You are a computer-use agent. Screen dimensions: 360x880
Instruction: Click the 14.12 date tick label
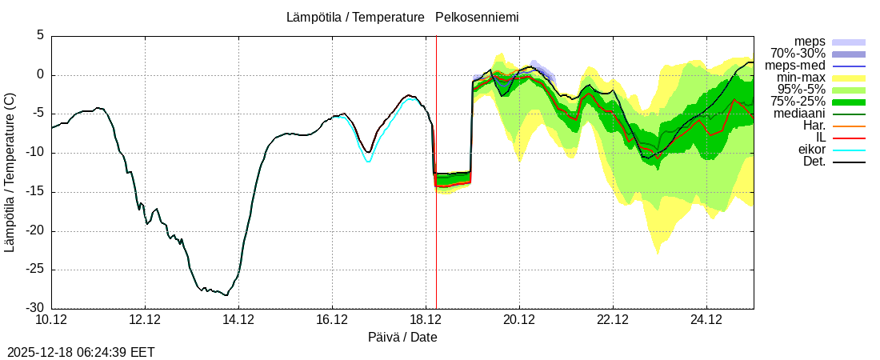tap(238, 320)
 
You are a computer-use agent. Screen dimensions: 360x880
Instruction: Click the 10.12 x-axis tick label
tap(51, 320)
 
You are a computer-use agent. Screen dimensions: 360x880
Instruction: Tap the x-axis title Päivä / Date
tap(402, 338)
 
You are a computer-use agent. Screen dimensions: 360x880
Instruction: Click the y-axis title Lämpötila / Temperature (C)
tap(10, 172)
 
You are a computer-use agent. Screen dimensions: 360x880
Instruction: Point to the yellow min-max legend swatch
tap(849, 78)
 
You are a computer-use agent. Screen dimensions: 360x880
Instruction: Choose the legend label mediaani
tap(799, 114)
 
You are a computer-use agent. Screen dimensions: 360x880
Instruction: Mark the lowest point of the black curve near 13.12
tap(226, 295)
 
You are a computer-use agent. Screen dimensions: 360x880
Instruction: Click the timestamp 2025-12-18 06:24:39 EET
tap(81, 352)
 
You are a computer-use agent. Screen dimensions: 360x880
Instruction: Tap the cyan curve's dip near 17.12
tap(368, 162)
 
